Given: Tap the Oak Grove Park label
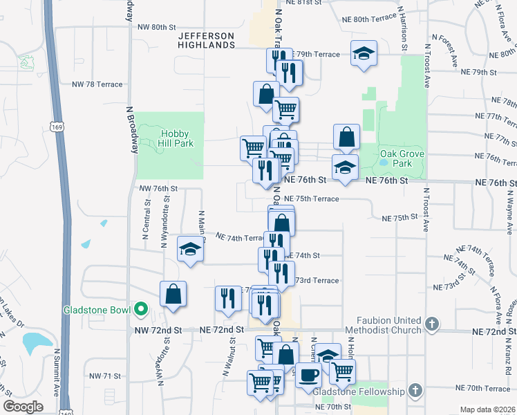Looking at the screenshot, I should point(397,158).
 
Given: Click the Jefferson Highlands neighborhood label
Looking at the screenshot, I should point(205,39).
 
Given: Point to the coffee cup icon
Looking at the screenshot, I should point(308,374).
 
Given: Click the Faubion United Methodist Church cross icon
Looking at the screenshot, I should point(432,324).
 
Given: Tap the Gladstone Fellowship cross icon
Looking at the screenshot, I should point(415,391).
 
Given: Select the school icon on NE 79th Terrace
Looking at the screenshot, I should point(362,53).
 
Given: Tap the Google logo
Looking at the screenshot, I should point(23,407).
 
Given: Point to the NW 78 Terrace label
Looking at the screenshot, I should point(97,84).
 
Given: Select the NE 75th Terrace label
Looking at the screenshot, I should point(312,199).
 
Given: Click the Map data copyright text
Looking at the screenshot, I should point(487,409).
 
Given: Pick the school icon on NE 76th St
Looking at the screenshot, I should point(345,166).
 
